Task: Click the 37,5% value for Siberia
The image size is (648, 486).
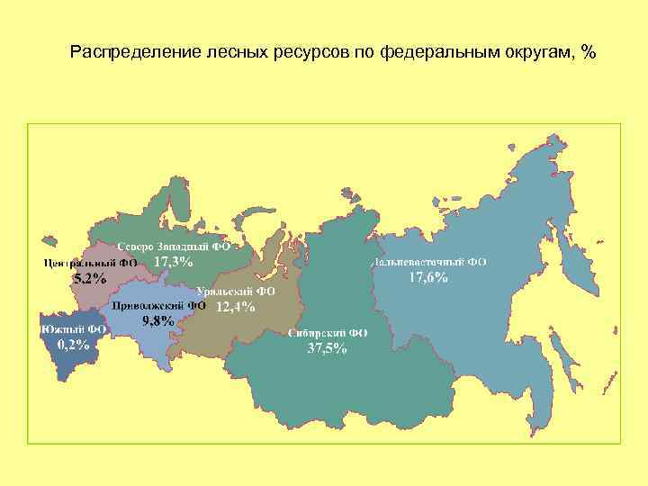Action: (x=327, y=348)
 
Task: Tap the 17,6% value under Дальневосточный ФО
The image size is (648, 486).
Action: (x=428, y=277)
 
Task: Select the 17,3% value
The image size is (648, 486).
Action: (x=174, y=262)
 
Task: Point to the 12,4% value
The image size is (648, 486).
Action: (x=236, y=306)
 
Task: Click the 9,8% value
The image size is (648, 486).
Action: (x=157, y=321)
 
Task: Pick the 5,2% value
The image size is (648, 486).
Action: (x=89, y=278)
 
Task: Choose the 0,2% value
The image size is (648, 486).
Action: (x=73, y=344)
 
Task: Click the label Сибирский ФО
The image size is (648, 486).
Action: (x=328, y=332)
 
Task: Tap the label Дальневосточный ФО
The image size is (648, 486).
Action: (x=429, y=262)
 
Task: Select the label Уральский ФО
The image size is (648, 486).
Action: (x=236, y=291)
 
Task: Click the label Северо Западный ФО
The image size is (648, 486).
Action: (x=175, y=245)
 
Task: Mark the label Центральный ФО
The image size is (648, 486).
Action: (x=90, y=264)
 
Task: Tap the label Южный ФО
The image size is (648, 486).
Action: (x=74, y=329)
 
